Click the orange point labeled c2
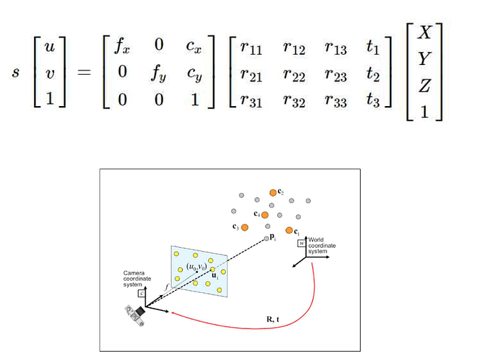click(x=272, y=192)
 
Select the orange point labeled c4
click(x=265, y=215)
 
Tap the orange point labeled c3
click(x=244, y=227)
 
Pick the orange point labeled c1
click(x=289, y=230)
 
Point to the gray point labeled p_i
click(x=267, y=238)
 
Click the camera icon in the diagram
click(x=136, y=313)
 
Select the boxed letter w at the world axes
click(x=301, y=243)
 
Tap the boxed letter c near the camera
click(x=142, y=293)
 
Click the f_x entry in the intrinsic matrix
click(x=121, y=47)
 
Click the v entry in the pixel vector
click(x=49, y=72)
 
